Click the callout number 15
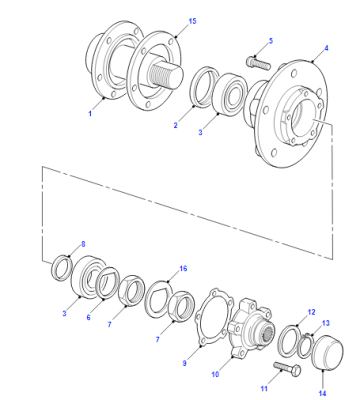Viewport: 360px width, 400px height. coord(192,21)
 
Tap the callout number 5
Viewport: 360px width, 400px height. coord(271,41)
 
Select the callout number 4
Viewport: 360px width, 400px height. coord(326,48)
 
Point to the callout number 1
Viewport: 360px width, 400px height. coord(90,114)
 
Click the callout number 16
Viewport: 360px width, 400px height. coord(183,268)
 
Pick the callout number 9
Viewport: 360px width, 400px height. coord(185,363)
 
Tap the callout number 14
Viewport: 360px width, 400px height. coord(322,393)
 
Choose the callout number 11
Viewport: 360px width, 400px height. coord(264,388)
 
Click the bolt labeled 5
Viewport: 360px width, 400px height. coord(259,63)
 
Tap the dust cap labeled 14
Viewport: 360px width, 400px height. coord(327,353)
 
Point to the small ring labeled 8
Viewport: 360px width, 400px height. coord(62,268)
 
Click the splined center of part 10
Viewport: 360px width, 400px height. coord(266,332)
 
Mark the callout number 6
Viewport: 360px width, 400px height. coord(88,317)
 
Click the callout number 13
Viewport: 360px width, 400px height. coord(326,323)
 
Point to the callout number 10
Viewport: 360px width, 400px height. coord(215,374)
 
